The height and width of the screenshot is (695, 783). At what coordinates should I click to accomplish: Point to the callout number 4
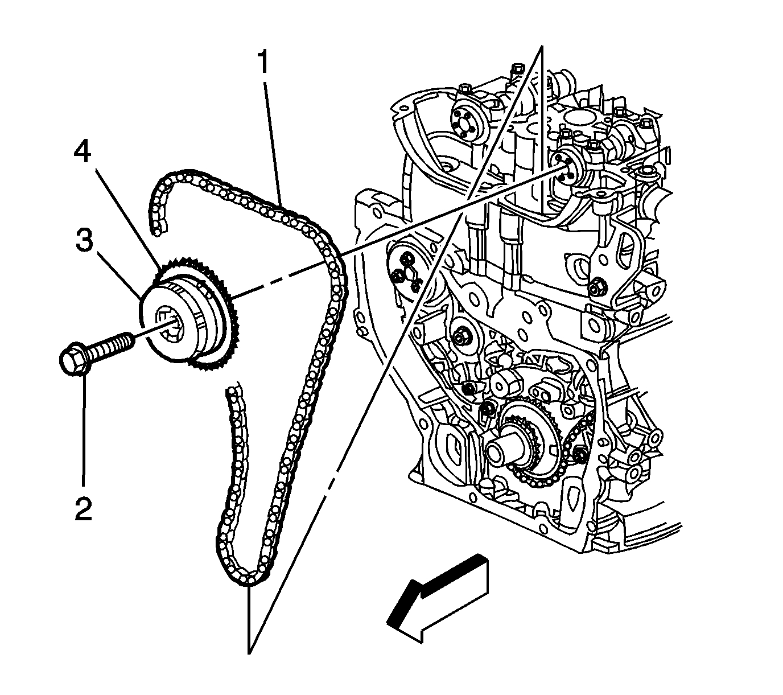[83, 152]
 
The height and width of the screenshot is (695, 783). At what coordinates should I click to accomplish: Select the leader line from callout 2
[84, 433]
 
